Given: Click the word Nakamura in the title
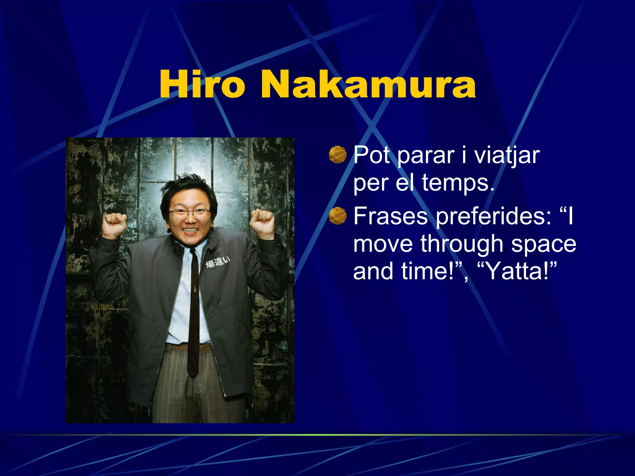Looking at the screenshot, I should coord(368,85).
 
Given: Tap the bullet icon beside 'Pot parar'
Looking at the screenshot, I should coord(337,155).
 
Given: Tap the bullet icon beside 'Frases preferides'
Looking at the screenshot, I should coord(337,215).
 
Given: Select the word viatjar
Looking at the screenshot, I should coord(507,155).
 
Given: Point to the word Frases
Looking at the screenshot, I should coord(390,216).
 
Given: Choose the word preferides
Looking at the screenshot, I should coord(493,216).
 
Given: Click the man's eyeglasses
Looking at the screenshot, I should coord(190,213).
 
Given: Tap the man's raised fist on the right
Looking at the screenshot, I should coord(262,221).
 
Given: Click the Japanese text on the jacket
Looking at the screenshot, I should coord(218,262).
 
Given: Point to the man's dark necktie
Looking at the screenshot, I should coord(194,310).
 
